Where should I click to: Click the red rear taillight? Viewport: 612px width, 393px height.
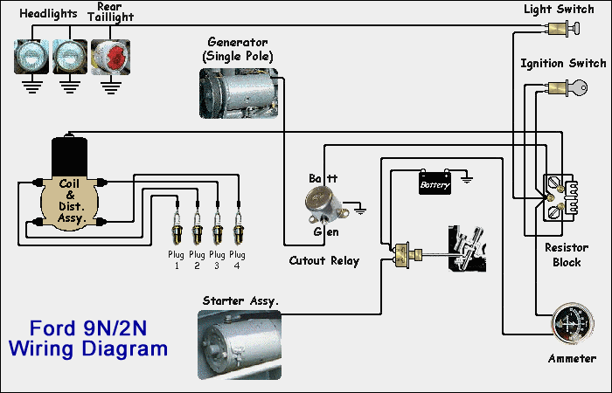[x=110, y=55]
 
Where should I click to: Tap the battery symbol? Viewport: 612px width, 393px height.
[x=435, y=183]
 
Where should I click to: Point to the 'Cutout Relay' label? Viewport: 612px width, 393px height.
[x=323, y=261]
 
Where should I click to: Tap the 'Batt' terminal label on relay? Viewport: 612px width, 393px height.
[x=321, y=178]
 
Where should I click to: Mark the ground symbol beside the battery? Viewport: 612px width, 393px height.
[x=467, y=180]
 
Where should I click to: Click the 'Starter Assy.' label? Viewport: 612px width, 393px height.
[x=240, y=301]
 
